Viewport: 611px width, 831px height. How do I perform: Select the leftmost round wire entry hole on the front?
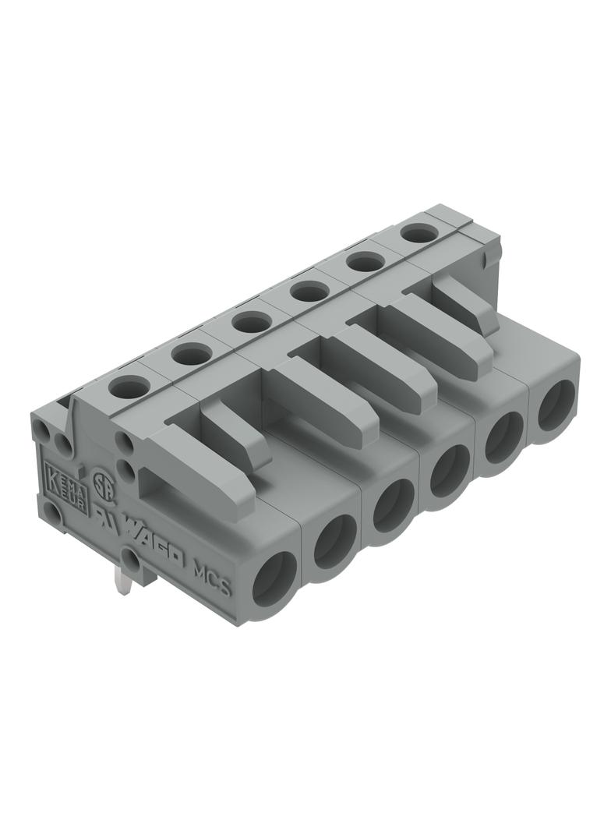pos(274,579)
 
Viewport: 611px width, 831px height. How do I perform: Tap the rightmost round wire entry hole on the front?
pos(556,405)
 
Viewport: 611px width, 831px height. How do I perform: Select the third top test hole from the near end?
pos(251,322)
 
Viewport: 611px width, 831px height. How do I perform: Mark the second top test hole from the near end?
pos(192,354)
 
